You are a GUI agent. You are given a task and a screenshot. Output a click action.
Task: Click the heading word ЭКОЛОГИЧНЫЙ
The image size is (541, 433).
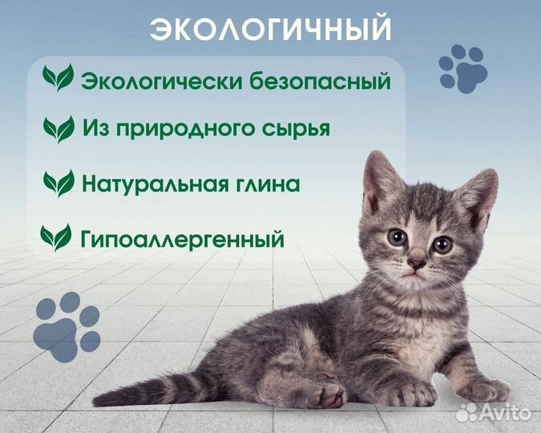click(270, 30)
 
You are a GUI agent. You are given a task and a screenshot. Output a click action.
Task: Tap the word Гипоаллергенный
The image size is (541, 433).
click(184, 237)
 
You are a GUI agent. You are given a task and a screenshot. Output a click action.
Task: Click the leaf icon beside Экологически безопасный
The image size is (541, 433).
click(58, 79)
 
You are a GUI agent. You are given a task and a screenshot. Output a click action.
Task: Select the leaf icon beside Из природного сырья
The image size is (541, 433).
click(59, 128)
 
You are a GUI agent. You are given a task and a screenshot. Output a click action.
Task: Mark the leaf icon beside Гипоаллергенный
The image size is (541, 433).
click(56, 237)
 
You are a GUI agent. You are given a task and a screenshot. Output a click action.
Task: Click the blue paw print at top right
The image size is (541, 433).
click(463, 68)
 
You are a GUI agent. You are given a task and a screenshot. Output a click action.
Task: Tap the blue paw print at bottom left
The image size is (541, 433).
click(68, 325)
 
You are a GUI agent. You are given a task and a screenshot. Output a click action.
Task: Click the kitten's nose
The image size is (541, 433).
click(417, 262)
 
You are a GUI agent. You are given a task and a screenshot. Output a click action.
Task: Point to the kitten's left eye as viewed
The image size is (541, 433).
click(397, 237)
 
